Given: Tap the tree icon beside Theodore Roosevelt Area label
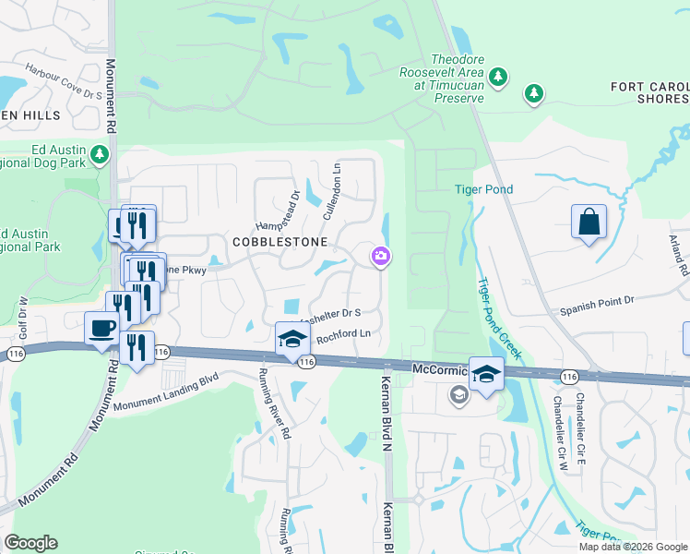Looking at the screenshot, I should tap(498, 77).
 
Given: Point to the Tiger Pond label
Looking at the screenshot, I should tap(483, 190).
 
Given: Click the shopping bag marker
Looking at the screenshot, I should tap(589, 223).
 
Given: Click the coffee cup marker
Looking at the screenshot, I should tap(101, 328).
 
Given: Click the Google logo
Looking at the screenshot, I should tap(30, 543).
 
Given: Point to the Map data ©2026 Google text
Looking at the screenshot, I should tap(633, 547).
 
